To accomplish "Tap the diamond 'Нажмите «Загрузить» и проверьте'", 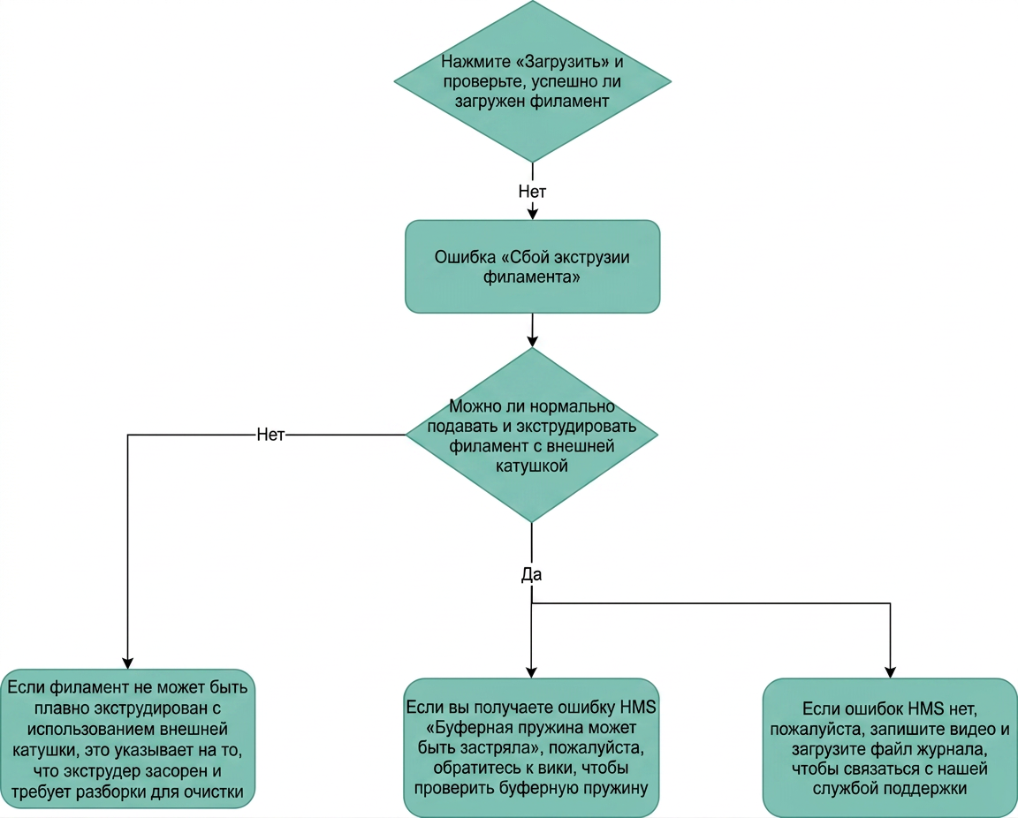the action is click(x=532, y=81).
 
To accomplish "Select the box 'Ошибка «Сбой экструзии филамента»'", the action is click(x=532, y=267).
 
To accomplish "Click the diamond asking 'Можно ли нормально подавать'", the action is click(x=532, y=435).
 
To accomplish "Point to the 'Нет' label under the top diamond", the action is click(x=532, y=191).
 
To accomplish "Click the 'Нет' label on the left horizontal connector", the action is click(x=270, y=435).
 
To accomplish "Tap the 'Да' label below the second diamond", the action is click(x=531, y=574).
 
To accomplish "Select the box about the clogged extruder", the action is click(x=127, y=738).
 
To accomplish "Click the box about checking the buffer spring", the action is click(x=531, y=748).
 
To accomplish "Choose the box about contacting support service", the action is click(x=890, y=748).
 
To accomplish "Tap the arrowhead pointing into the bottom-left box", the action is click(x=127, y=663).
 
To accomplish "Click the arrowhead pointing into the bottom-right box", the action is click(x=890, y=671).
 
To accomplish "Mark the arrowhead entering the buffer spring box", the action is click(x=531, y=671).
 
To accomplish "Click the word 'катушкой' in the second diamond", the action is click(x=532, y=466).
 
